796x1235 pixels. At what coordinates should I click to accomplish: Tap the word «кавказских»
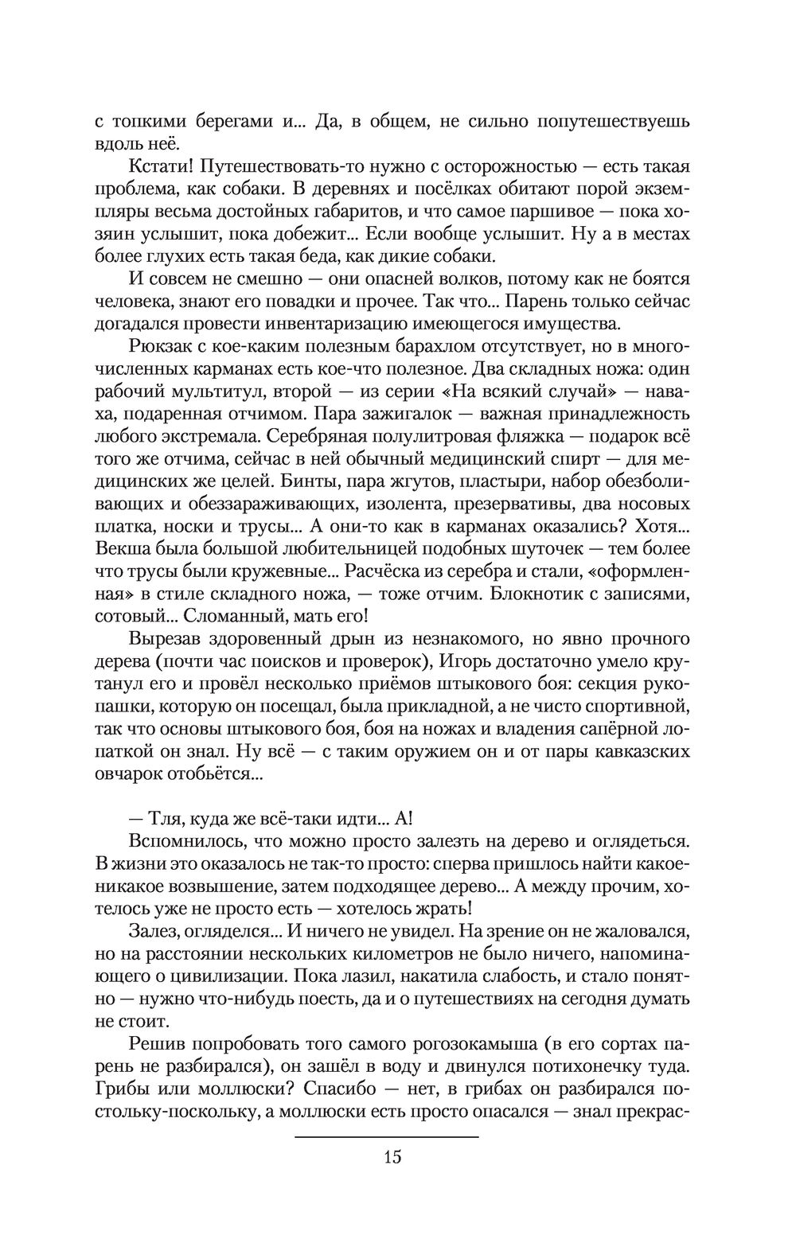click(x=626, y=752)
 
